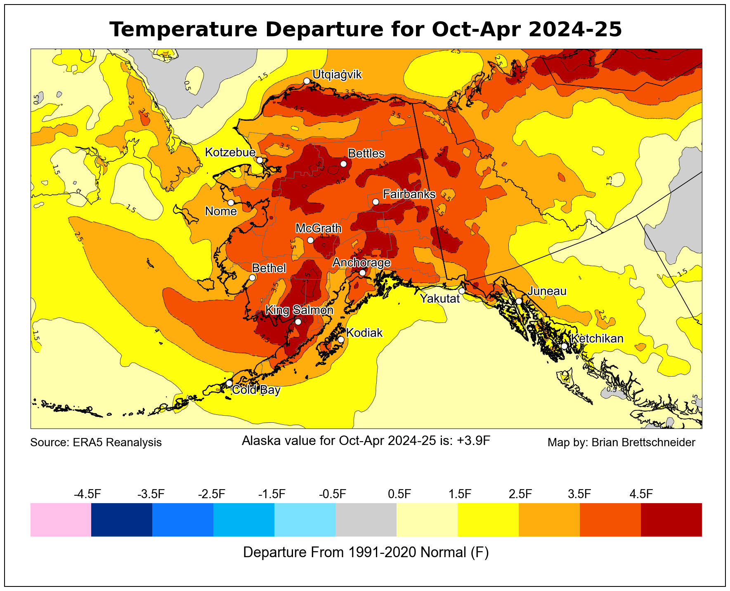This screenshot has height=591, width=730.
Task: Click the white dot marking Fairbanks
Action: pyautogui.click(x=376, y=202)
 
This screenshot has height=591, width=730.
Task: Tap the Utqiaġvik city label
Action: pyautogui.click(x=337, y=75)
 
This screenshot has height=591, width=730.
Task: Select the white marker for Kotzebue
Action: pyautogui.click(x=260, y=160)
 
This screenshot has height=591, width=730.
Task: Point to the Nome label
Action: pyautogui.click(x=221, y=212)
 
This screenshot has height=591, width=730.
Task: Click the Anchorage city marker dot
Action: pyautogui.click(x=362, y=273)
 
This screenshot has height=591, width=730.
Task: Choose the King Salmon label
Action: pyautogui.click(x=299, y=310)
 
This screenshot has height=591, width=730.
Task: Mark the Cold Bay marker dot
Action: pyautogui.click(x=229, y=383)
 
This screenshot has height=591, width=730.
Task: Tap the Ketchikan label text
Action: pyautogui.click(x=597, y=339)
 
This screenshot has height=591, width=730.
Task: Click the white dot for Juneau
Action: pyautogui.click(x=519, y=301)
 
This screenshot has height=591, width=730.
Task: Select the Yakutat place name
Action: pyautogui.click(x=439, y=299)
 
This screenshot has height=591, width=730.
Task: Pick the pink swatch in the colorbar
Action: pyautogui.click(x=61, y=520)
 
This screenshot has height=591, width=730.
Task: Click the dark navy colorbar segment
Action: pyautogui.click(x=122, y=520)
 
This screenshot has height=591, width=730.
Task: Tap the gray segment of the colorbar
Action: pyautogui.click(x=366, y=520)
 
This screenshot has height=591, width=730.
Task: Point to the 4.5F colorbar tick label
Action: pyautogui.click(x=641, y=494)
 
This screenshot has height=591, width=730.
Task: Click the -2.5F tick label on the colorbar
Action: pyautogui.click(x=212, y=494)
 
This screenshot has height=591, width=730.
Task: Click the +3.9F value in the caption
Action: pyautogui.click(x=473, y=441)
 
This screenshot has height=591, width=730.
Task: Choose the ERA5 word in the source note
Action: pyautogui.click(x=86, y=443)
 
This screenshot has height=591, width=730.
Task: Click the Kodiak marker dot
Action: pyautogui.click(x=341, y=339)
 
